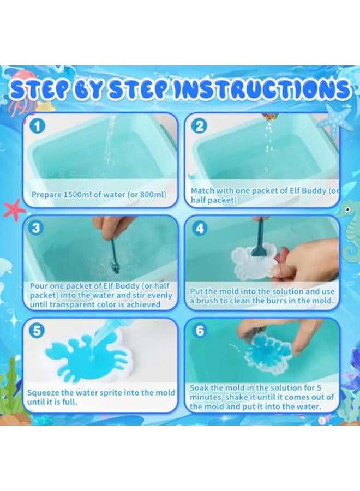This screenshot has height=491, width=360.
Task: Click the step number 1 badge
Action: tap(36, 126)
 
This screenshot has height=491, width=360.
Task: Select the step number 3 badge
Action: tap(36, 227)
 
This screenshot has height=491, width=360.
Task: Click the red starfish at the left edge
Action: tap(14, 209)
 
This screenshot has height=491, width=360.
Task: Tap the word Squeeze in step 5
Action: tap(44, 392)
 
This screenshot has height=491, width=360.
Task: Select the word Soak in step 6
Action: tap(199, 388)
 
